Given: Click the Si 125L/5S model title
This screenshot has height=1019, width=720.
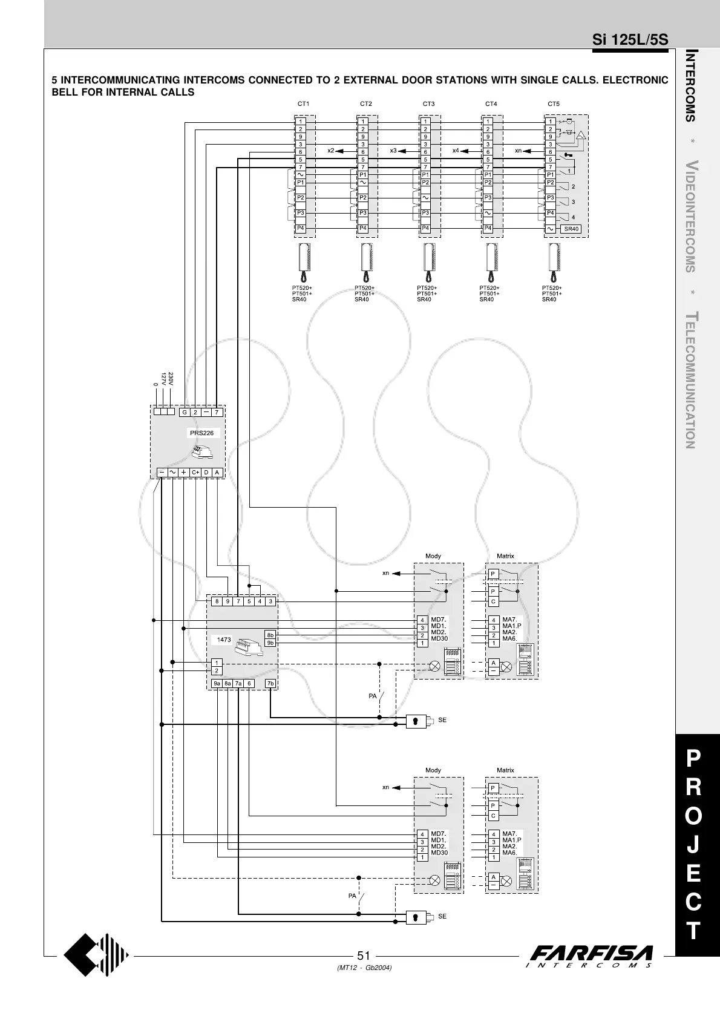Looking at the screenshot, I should [630, 40].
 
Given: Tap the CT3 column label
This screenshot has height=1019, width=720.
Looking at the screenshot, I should [428, 104].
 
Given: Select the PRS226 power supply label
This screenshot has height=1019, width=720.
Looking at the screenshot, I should [201, 433].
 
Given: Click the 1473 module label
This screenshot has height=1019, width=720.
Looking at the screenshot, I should [224, 640].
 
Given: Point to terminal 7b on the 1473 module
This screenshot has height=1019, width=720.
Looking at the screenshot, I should [270, 684].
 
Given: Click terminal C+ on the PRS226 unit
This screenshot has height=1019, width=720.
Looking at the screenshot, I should [195, 473].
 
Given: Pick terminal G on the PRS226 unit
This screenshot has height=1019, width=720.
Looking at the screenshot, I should [184, 413].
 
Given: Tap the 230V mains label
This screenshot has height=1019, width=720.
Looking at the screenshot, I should [171, 379].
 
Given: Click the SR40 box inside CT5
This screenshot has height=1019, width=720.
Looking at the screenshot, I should [571, 229].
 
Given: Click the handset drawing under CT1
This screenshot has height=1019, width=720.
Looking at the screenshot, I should [304, 261].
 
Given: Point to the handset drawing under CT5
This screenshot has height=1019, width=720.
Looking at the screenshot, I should [554, 261].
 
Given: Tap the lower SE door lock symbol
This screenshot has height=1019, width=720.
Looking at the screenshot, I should [416, 917].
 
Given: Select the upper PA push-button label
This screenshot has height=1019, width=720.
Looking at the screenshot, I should [373, 696].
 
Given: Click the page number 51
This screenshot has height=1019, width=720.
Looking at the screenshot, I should [363, 956].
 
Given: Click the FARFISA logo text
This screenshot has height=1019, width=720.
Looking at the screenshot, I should [591, 953].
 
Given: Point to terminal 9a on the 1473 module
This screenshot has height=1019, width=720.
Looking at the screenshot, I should [217, 684].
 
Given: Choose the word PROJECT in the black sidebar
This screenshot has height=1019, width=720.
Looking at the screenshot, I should [694, 845].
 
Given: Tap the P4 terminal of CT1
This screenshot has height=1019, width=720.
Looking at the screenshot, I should [300, 228].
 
